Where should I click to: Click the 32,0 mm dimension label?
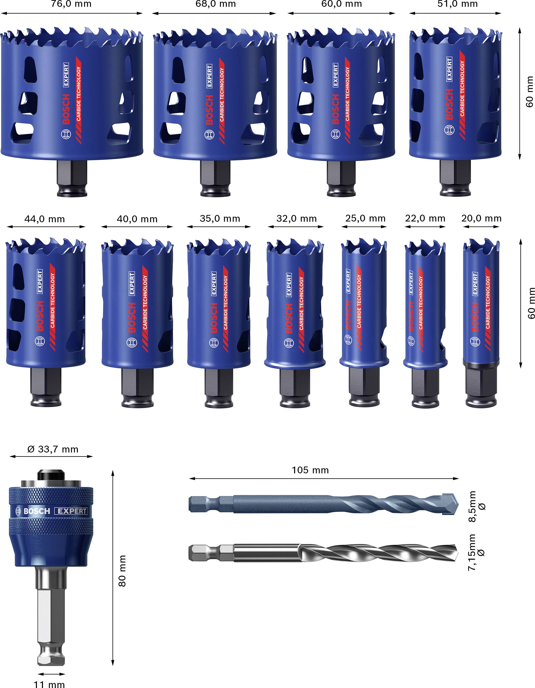tap(296, 218)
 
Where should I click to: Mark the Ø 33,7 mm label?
tap(52, 449)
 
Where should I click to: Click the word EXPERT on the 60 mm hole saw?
tap(336, 75)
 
